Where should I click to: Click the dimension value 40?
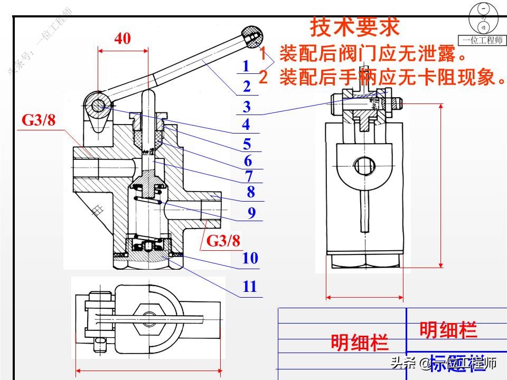click(x=123, y=39)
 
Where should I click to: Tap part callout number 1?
click(x=246, y=66)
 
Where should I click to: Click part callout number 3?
click(x=247, y=107)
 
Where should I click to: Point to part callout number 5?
click(x=247, y=144)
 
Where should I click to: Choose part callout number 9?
click(x=251, y=213)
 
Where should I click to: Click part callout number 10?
click(x=250, y=258)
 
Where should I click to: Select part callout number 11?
click(x=249, y=287)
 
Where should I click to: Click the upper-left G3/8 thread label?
click(x=39, y=120)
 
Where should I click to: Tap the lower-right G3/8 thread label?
click(x=223, y=241)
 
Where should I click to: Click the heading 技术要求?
click(x=354, y=26)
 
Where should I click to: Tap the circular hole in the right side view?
click(x=364, y=165)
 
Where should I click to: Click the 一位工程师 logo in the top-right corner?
click(x=483, y=24)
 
